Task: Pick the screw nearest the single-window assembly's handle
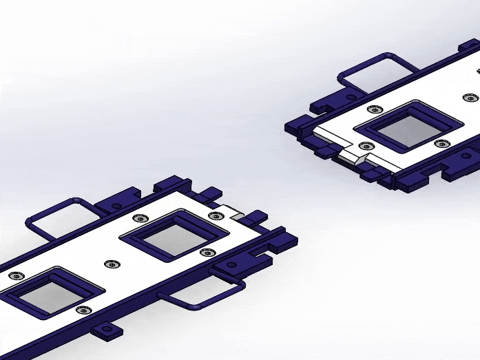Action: click(374, 109)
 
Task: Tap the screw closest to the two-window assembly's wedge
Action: click(216, 216)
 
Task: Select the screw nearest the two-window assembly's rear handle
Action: click(140, 218)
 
